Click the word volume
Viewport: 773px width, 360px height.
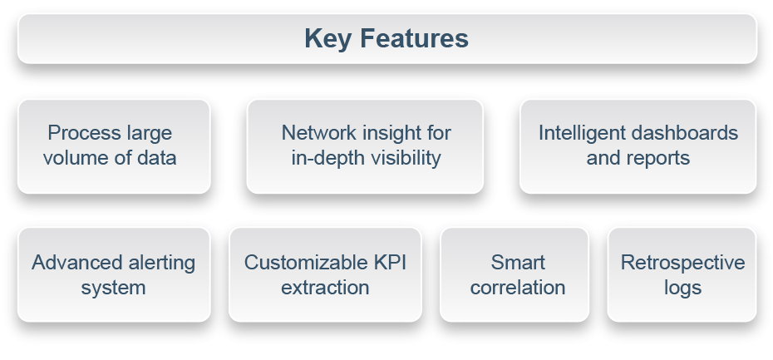coord(72,157)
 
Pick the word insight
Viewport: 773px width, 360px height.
coord(388,133)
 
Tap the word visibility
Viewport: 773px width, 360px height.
coord(404,157)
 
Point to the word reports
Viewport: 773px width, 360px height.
coord(662,157)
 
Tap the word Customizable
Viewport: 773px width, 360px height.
coord(303,264)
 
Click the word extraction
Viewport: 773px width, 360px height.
coord(325,288)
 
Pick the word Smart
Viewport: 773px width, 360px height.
coord(518,264)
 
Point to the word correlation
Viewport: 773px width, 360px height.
coord(518,288)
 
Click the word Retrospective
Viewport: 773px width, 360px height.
coord(682,264)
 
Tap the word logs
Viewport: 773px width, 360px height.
coord(682,288)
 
